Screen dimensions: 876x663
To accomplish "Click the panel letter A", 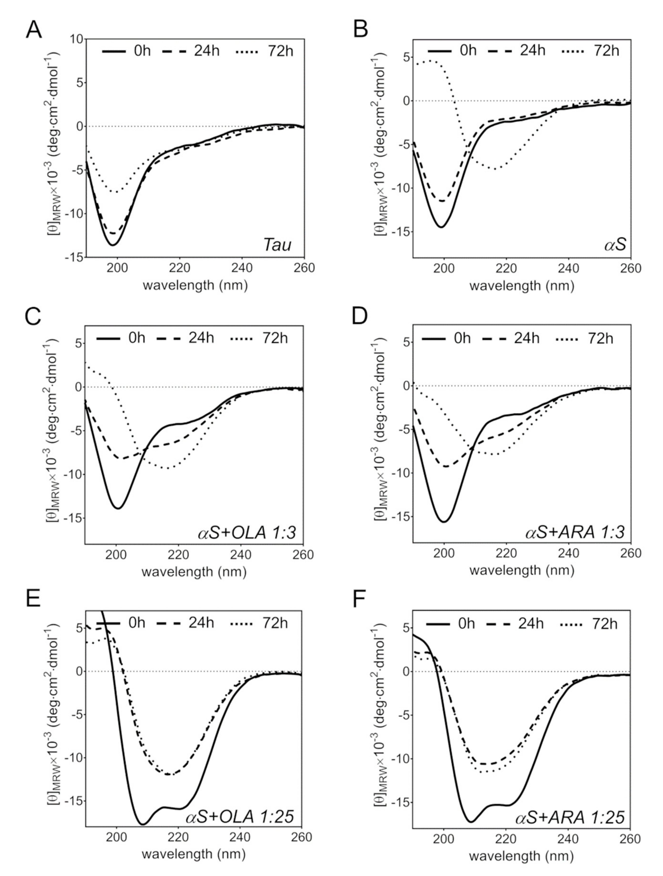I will click(x=34, y=30).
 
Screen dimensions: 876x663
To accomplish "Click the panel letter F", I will click(x=360, y=600).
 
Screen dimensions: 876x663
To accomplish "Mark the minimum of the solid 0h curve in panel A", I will click(x=113, y=245).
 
